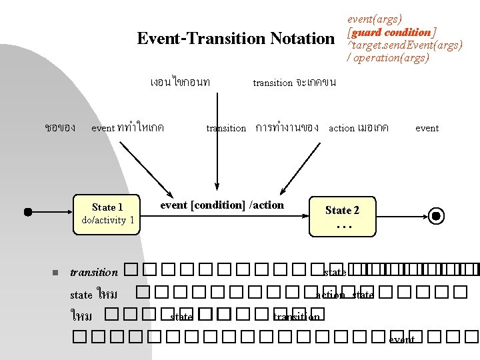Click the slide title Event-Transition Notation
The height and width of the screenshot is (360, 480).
click(235, 39)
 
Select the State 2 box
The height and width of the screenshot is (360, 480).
click(343, 216)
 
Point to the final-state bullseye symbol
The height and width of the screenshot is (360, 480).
click(436, 216)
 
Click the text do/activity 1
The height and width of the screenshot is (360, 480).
click(107, 221)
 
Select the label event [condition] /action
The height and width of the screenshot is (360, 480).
click(222, 205)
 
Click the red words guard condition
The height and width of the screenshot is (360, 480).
click(391, 33)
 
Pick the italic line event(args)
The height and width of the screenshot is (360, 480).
click(375, 19)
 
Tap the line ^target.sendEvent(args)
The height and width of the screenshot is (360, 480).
click(405, 45)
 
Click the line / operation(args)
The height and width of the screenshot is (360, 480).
click(388, 58)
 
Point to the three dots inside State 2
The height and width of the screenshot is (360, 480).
click(343, 227)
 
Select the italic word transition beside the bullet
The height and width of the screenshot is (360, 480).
click(94, 272)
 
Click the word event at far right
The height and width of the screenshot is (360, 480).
click(427, 128)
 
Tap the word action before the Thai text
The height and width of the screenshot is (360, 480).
click(342, 128)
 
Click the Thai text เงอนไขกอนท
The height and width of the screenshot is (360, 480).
click(181, 83)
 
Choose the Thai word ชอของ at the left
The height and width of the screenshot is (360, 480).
click(59, 127)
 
